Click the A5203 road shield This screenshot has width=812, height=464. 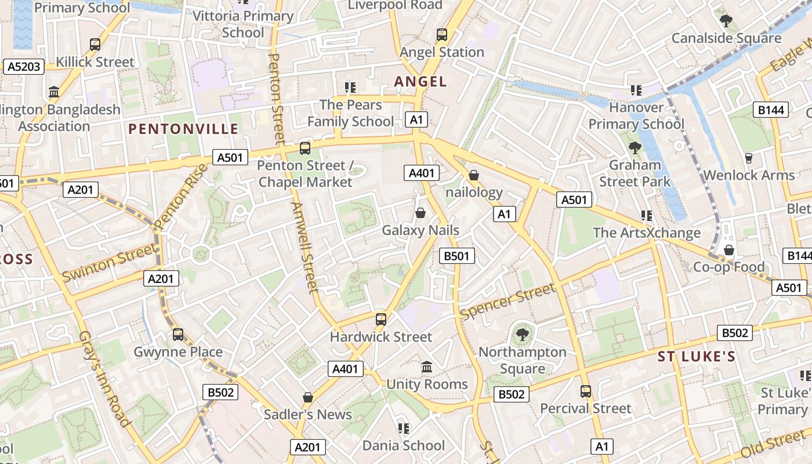(x=24, y=67)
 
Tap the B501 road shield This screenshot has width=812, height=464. (x=457, y=256)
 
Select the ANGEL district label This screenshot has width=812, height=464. (x=420, y=82)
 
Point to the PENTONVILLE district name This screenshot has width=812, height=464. (x=183, y=129)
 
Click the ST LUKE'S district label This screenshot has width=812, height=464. (x=697, y=357)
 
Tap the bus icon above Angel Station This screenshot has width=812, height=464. (x=442, y=35)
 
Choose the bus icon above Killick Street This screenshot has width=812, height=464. (x=95, y=45)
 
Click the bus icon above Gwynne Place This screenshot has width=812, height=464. (x=178, y=335)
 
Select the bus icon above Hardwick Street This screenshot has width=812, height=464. (x=381, y=319)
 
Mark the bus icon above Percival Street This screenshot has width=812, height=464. (x=586, y=391)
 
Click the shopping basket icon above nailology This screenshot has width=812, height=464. (x=474, y=175)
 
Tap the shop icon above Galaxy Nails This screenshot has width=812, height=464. (x=420, y=213)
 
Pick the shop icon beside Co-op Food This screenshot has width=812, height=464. (x=729, y=250)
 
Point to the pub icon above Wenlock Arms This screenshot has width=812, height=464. (x=748, y=158)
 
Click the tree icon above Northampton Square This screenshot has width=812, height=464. (x=523, y=334)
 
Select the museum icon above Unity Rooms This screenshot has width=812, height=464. (x=427, y=367)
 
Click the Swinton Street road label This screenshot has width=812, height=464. (x=110, y=263)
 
